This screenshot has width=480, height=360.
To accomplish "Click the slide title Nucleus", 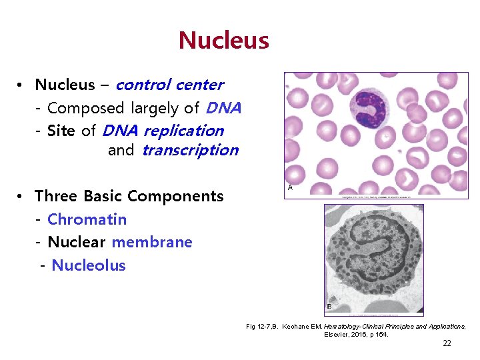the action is tap(223, 41).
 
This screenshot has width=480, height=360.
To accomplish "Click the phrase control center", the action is tap(169, 85).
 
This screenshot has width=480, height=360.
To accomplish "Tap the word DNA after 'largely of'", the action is tap(223, 108).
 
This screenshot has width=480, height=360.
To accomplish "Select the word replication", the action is tap(183, 131).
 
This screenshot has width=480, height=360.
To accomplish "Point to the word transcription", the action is tap(189, 150).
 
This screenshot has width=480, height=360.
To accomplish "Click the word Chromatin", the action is tap(87, 219).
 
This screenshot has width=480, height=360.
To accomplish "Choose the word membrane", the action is tap(152, 242).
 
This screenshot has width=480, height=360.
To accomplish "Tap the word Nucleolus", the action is tap(89, 265).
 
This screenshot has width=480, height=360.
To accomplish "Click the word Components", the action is tap(175, 196).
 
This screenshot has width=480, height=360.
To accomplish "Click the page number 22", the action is tap(447, 343).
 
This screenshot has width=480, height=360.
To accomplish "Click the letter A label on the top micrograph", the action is tap(289, 188).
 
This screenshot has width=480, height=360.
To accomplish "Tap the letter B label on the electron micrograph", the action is tap(329, 306).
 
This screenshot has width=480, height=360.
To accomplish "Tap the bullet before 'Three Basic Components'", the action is tap(22, 197).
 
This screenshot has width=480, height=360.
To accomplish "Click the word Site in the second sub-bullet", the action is tap(61, 131).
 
